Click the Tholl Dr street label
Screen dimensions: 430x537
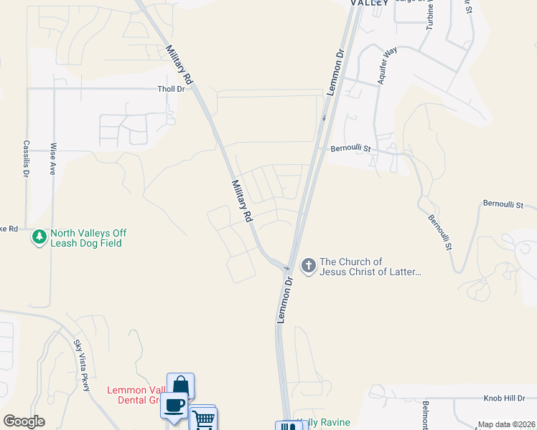pyautogui.click(x=171, y=89)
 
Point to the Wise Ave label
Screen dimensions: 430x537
pyautogui.click(x=53, y=159)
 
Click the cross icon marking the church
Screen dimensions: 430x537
pyautogui.click(x=309, y=267)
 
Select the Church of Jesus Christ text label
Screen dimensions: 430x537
pyautogui.click(x=370, y=267)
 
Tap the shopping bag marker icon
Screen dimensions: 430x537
pyautogui.click(x=180, y=385)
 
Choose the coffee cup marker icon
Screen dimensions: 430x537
pyautogui.click(x=174, y=404)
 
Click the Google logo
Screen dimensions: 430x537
pyautogui.click(x=24, y=421)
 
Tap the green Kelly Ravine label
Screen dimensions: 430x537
pyautogui.click(x=324, y=422)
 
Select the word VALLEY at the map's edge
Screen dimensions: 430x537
pyautogui.click(x=369, y=3)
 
